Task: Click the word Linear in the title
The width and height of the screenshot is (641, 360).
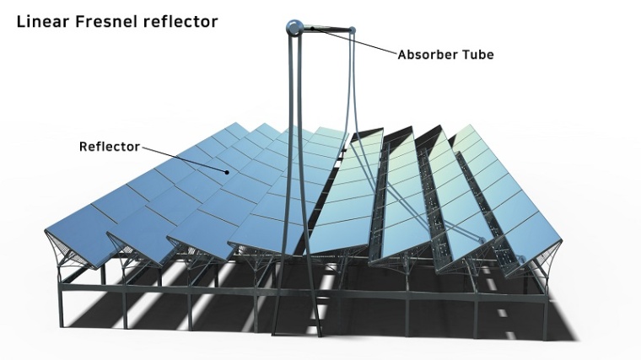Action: click(41, 21)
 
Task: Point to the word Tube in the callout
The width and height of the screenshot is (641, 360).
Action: click(477, 55)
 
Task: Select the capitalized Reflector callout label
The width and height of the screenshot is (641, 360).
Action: click(109, 147)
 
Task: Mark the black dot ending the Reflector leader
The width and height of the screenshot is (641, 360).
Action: click(226, 171)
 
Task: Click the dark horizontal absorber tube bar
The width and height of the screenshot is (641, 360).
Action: click(325, 30)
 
